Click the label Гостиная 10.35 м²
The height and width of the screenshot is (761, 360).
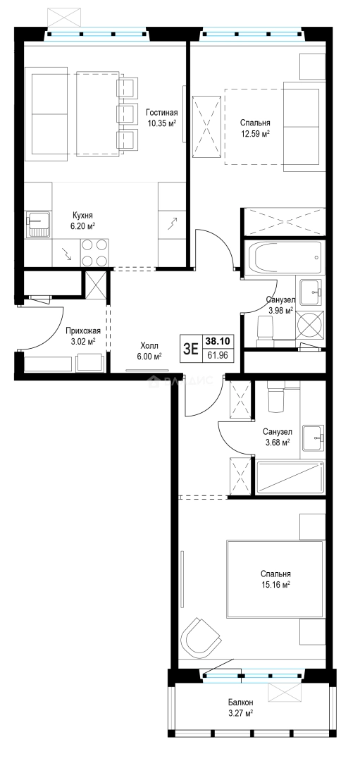[161, 118]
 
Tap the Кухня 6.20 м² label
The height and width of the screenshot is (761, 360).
[83, 221]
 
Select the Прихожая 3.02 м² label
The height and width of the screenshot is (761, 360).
[83, 336]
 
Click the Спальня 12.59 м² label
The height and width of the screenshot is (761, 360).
[255, 128]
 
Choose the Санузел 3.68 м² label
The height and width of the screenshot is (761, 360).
[277, 436]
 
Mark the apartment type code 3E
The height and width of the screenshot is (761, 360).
[190, 349]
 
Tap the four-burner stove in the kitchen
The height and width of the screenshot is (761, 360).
[94, 252]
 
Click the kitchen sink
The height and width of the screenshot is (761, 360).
[39, 225]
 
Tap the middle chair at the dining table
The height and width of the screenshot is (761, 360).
[125, 114]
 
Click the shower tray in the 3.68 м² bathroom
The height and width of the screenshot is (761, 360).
[290, 478]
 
